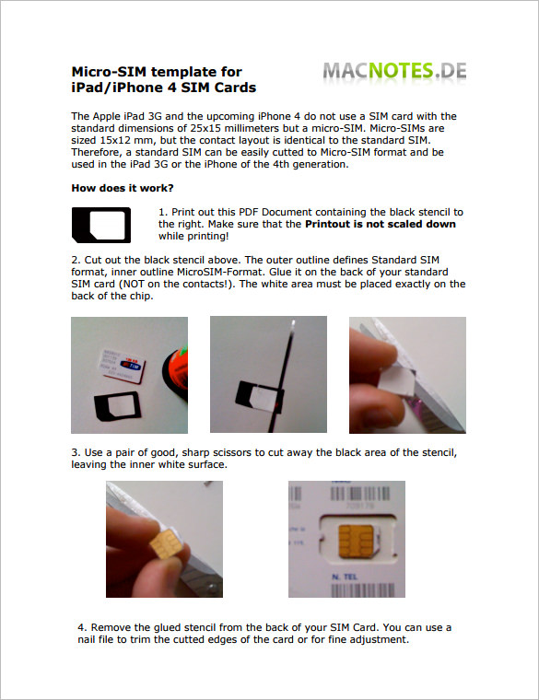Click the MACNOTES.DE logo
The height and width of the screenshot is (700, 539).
tap(394, 71)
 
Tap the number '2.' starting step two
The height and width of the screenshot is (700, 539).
tap(76, 261)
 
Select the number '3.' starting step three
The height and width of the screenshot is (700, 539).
tap(76, 454)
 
